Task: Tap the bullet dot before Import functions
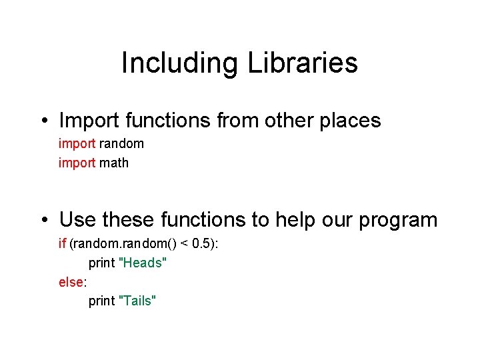tap(41, 121)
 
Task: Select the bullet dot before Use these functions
tap(41, 219)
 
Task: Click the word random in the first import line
tap(121, 143)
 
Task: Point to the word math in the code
tap(114, 163)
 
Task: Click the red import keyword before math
tap(77, 163)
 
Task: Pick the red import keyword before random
tap(77, 143)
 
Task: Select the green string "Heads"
tap(142, 263)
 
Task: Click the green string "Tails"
tap(137, 301)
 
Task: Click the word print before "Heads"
tap(101, 263)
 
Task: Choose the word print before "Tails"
tap(101, 301)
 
